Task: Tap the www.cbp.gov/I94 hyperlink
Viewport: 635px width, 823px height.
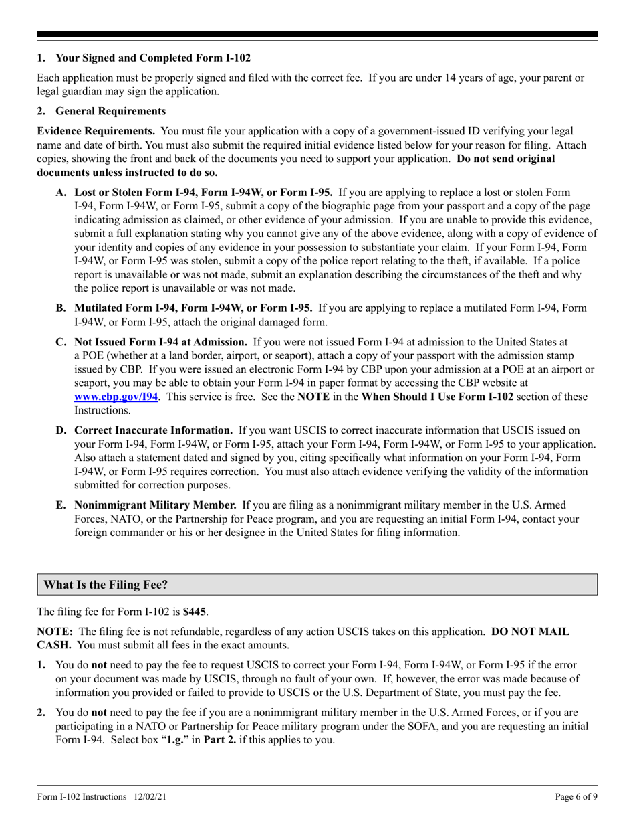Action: (x=116, y=397)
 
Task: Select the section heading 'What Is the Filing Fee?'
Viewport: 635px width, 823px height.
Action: (x=106, y=585)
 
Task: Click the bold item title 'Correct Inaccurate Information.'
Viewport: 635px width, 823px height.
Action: (x=153, y=430)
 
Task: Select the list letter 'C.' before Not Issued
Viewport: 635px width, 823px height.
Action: (x=61, y=341)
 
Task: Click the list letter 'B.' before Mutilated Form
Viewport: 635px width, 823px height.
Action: (x=61, y=308)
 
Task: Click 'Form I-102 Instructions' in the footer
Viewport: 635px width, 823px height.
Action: (x=82, y=797)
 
